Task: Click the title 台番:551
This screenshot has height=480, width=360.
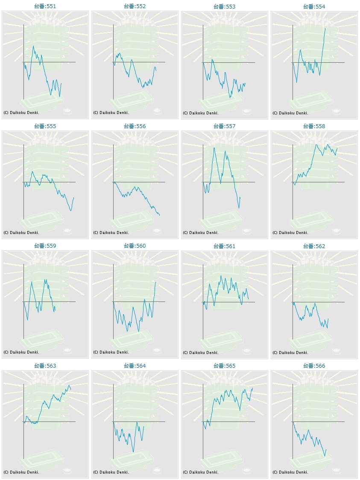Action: [x=45, y=6]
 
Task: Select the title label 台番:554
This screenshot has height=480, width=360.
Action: [x=314, y=6]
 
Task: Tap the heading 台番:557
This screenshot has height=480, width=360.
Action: [x=224, y=126]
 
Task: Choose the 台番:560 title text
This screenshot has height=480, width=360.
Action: [x=135, y=246]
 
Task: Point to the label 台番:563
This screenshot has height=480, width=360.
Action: [x=45, y=366]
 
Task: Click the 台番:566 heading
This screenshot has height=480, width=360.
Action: [x=314, y=366]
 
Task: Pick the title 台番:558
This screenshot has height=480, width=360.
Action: [x=314, y=126]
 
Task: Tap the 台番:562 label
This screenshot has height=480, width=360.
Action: [x=314, y=246]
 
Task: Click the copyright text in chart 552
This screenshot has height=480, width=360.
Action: [x=111, y=113]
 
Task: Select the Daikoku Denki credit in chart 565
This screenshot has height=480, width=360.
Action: [x=201, y=472]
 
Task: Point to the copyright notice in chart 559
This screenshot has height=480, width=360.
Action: [x=21, y=352]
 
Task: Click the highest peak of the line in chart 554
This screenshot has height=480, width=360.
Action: [x=325, y=28]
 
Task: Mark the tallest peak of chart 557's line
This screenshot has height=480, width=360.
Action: [x=214, y=147]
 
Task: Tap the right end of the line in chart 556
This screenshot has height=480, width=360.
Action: [x=159, y=215]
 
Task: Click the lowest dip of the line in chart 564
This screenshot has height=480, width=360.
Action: [x=133, y=452]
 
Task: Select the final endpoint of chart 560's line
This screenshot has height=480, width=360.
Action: [x=155, y=282]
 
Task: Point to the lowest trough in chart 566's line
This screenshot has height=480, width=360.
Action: [x=325, y=456]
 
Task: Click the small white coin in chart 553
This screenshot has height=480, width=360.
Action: [x=246, y=111]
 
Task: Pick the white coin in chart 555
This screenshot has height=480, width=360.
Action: [x=67, y=231]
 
